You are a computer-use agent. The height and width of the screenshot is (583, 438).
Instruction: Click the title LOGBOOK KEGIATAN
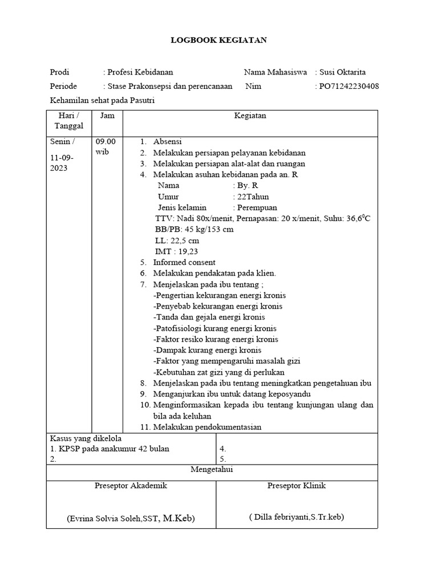point(219,40)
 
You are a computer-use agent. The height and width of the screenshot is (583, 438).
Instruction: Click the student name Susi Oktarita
point(342,72)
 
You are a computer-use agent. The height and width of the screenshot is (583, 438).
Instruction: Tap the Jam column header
point(107,116)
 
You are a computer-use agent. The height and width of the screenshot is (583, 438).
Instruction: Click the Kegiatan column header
point(250,116)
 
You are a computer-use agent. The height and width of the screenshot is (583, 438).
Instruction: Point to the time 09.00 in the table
point(106,142)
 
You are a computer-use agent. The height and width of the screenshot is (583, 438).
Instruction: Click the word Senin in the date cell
point(60,142)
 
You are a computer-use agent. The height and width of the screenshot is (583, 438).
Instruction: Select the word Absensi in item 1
point(167,142)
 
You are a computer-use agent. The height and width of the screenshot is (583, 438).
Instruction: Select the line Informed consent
point(184,262)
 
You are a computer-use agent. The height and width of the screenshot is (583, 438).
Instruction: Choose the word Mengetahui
point(212,469)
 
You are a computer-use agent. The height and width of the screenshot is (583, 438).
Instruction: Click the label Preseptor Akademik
point(131,486)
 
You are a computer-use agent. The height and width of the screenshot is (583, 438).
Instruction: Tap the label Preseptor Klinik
point(297,486)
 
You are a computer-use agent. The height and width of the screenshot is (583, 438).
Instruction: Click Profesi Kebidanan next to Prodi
point(140,72)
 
